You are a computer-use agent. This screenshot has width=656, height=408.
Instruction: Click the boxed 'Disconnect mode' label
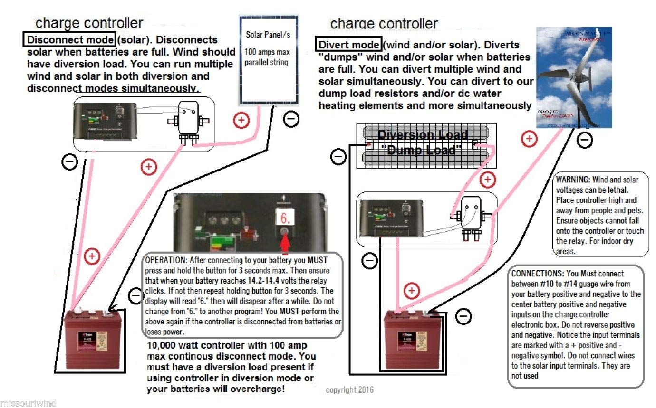[x=69, y=40]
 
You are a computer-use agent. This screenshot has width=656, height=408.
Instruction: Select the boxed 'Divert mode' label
[x=349, y=45]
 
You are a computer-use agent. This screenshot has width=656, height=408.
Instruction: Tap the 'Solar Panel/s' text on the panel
[x=268, y=35]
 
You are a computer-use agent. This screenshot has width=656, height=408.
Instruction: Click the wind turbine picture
[x=574, y=77]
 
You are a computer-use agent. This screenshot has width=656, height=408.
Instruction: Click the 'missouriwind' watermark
[x=28, y=403]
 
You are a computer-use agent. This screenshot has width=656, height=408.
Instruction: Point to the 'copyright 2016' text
[x=349, y=390]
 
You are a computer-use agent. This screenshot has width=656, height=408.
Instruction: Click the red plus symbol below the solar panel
[x=241, y=121]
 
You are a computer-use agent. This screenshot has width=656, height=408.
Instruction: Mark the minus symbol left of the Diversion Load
[x=338, y=157]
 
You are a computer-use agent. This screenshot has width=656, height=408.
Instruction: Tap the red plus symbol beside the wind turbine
[x=529, y=139]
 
